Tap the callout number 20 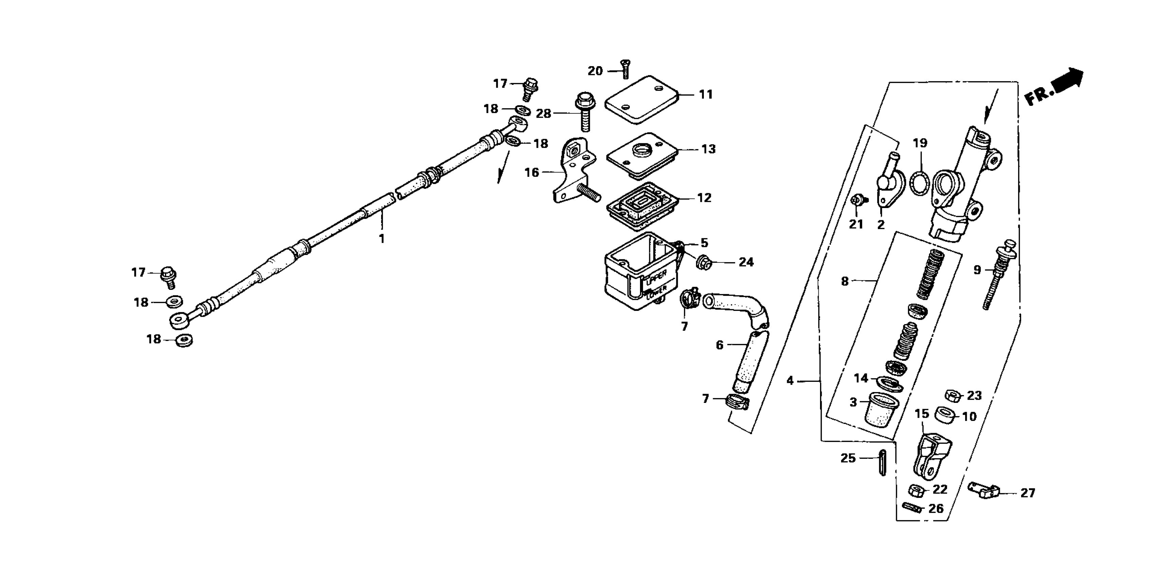click(x=595, y=71)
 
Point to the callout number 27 click(x=1028, y=493)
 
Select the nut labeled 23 click(x=952, y=396)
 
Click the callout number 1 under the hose click(x=381, y=239)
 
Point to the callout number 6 click(x=719, y=345)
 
